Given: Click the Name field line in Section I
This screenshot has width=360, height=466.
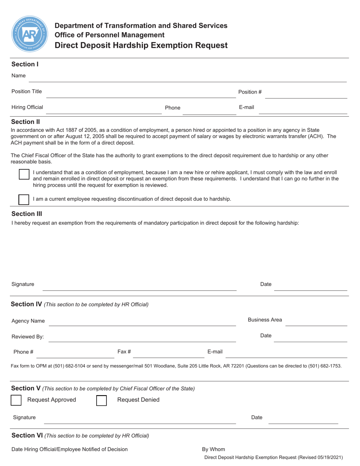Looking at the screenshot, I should (x=188, y=81).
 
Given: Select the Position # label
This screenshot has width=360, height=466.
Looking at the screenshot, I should (x=250, y=92).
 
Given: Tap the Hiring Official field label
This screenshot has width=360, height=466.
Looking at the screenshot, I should (x=27, y=107).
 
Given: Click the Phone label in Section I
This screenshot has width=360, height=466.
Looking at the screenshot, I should (x=172, y=108).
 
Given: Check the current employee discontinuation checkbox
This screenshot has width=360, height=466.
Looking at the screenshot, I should (x=24, y=199).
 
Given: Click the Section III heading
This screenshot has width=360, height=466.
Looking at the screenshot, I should (x=27, y=214).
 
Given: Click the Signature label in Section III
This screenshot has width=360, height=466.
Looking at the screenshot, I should (x=23, y=284).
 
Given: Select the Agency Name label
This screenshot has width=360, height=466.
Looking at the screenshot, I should (x=28, y=321).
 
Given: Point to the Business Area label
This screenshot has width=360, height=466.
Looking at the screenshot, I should (x=265, y=320).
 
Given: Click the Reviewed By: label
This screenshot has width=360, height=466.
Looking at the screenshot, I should (x=28, y=336).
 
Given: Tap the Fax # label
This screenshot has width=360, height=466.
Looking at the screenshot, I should (x=124, y=352).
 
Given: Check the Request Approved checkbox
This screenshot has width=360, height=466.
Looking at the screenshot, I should (x=16, y=400).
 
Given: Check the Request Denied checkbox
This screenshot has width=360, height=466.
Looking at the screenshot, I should (x=102, y=400).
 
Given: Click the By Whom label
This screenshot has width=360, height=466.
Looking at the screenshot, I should (x=213, y=449).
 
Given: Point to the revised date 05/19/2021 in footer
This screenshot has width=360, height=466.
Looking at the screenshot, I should (x=328, y=458).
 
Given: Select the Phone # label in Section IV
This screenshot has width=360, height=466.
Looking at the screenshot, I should (x=23, y=352).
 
